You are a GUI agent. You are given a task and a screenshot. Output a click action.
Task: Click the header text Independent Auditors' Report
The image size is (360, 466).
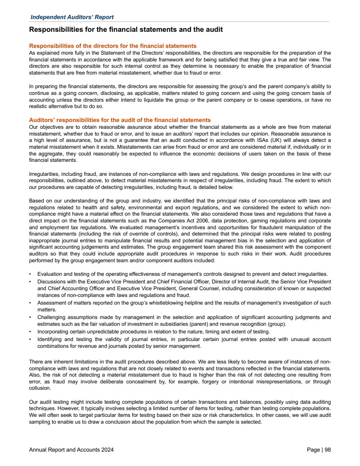[x=72, y=17]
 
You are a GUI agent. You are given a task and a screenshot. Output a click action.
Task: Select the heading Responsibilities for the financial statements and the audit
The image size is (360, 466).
[x=126, y=30]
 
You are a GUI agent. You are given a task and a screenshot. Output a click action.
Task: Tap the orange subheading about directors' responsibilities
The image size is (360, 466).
[x=112, y=45]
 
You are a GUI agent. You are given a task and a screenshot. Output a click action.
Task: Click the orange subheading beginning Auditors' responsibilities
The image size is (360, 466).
[x=120, y=120]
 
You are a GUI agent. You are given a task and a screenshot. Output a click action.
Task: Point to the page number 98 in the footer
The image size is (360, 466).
[x=327, y=450]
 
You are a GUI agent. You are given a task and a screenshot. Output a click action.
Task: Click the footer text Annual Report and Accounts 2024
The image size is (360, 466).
[x=71, y=450]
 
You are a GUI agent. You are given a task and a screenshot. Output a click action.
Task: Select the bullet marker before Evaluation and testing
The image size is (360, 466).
[x=31, y=275]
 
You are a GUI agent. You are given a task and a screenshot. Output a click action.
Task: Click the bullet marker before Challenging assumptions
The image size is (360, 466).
[x=31, y=317]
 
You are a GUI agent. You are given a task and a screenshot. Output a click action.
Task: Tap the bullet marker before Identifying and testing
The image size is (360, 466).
[x=31, y=340]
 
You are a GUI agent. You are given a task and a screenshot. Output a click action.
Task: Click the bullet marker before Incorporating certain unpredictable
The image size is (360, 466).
[x=31, y=331]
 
